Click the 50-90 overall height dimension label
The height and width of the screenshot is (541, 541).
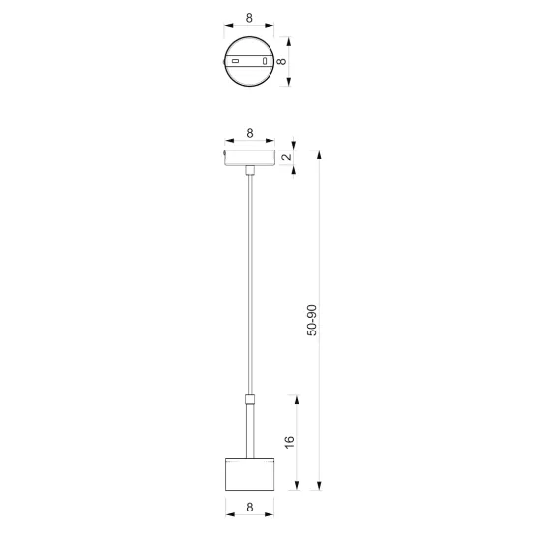(x=312, y=320)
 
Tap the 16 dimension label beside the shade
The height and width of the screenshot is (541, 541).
(x=290, y=442)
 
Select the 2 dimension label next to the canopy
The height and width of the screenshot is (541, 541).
(x=286, y=157)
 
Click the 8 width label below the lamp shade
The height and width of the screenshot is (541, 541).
(x=250, y=507)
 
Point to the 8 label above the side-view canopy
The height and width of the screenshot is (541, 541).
(x=250, y=133)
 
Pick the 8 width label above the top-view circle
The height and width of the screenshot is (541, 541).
(x=249, y=18)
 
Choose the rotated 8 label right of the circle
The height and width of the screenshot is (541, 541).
(x=282, y=61)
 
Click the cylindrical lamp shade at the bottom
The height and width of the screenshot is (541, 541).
(x=250, y=474)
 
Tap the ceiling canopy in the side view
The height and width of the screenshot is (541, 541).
(x=250, y=157)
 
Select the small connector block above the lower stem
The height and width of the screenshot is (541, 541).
(x=250, y=399)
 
